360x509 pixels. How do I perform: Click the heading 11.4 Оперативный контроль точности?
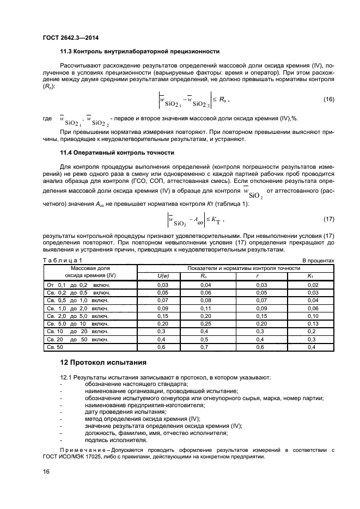[x=117, y=152]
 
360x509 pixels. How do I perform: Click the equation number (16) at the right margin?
[x=328, y=99]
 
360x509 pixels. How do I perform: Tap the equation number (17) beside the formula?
[x=328, y=219]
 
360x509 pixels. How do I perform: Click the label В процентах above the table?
[x=318, y=261]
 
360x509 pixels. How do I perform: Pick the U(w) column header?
[x=162, y=277]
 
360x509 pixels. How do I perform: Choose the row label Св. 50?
[x=56, y=347]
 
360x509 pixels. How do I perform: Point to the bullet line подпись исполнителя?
[x=108, y=440]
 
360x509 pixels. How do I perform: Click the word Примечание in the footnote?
[x=80, y=450]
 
